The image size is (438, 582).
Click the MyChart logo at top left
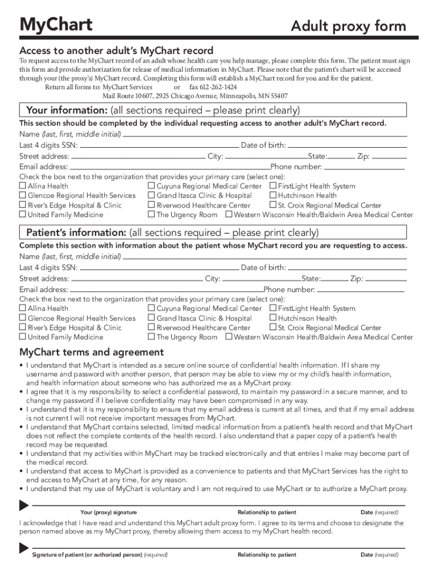coord(56,25)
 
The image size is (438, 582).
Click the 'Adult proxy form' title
coord(348,26)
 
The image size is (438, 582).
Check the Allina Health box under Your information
coord(23,186)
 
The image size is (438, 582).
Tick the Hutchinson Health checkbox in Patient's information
coord(273,318)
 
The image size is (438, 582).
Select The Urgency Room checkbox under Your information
coord(151,215)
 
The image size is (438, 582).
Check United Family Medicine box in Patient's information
coord(23,338)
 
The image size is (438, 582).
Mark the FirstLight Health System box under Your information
coord(273,186)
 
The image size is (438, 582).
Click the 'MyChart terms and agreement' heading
coord(92,352)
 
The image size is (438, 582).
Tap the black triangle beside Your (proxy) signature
coord(24,505)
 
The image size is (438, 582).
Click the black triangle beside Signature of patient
coord(24,548)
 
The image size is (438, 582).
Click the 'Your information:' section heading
coord(160,110)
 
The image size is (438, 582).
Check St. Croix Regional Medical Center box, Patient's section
coord(273,328)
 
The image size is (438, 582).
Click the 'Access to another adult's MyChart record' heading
coord(117,51)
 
